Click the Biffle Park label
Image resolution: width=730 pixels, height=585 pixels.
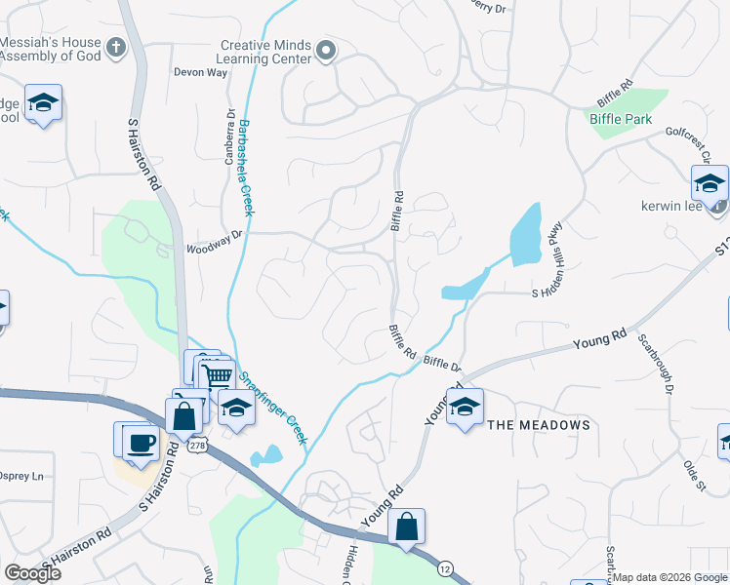(620, 119)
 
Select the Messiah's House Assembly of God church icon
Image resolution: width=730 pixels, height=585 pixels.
(116, 46)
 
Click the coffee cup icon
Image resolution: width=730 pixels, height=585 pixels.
(141, 441)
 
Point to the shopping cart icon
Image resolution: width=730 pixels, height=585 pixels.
(219, 375)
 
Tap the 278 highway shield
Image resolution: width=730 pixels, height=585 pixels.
(198, 445)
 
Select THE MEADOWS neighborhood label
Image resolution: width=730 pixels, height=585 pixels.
(539, 425)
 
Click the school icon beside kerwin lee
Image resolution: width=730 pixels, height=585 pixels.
(709, 182)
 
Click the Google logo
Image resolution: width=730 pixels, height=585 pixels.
(32, 573)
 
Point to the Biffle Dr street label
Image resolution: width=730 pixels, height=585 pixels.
(442, 364)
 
